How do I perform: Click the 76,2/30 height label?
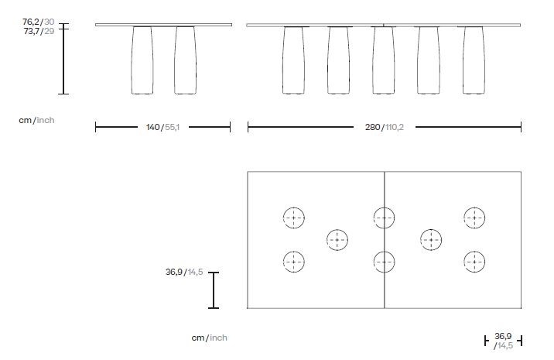(x=39, y=22)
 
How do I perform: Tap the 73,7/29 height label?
(x=39, y=31)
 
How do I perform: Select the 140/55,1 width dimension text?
(x=163, y=127)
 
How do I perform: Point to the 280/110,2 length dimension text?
(x=384, y=127)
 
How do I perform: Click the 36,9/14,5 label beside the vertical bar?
(x=184, y=272)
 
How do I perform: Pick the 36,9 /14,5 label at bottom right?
(x=504, y=341)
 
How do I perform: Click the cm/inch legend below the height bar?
(x=36, y=120)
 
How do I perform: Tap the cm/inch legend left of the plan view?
(x=209, y=338)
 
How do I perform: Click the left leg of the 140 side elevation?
(x=142, y=60)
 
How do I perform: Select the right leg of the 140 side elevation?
(x=185, y=60)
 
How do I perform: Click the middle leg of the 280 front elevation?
(x=384, y=60)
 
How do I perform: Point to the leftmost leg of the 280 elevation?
(x=293, y=60)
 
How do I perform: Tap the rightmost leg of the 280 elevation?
(x=474, y=60)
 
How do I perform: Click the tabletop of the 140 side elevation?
(x=163, y=25)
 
